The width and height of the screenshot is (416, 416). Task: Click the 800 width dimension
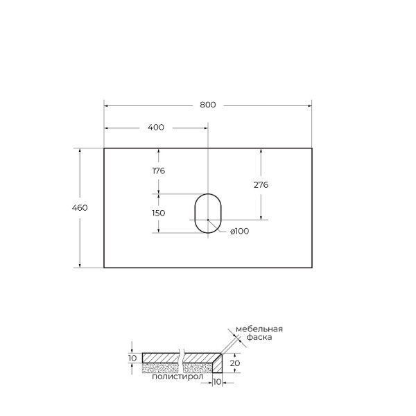click(208, 105)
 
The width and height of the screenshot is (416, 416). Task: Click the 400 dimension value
click(156, 128)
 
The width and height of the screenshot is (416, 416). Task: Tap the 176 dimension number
click(158, 171)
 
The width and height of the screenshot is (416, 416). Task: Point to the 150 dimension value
click(158, 213)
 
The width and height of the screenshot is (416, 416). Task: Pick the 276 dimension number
click(261, 185)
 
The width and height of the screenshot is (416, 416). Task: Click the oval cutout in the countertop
click(207, 213)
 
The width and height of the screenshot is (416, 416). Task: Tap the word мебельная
click(260, 329)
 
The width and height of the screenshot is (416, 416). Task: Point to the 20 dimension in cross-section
click(236, 362)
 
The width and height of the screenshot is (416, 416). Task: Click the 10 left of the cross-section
click(132, 358)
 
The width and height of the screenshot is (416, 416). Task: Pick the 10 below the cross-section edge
click(217, 381)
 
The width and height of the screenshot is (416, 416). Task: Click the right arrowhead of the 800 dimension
click(309, 105)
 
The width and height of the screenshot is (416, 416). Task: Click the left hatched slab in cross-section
click(160, 358)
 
